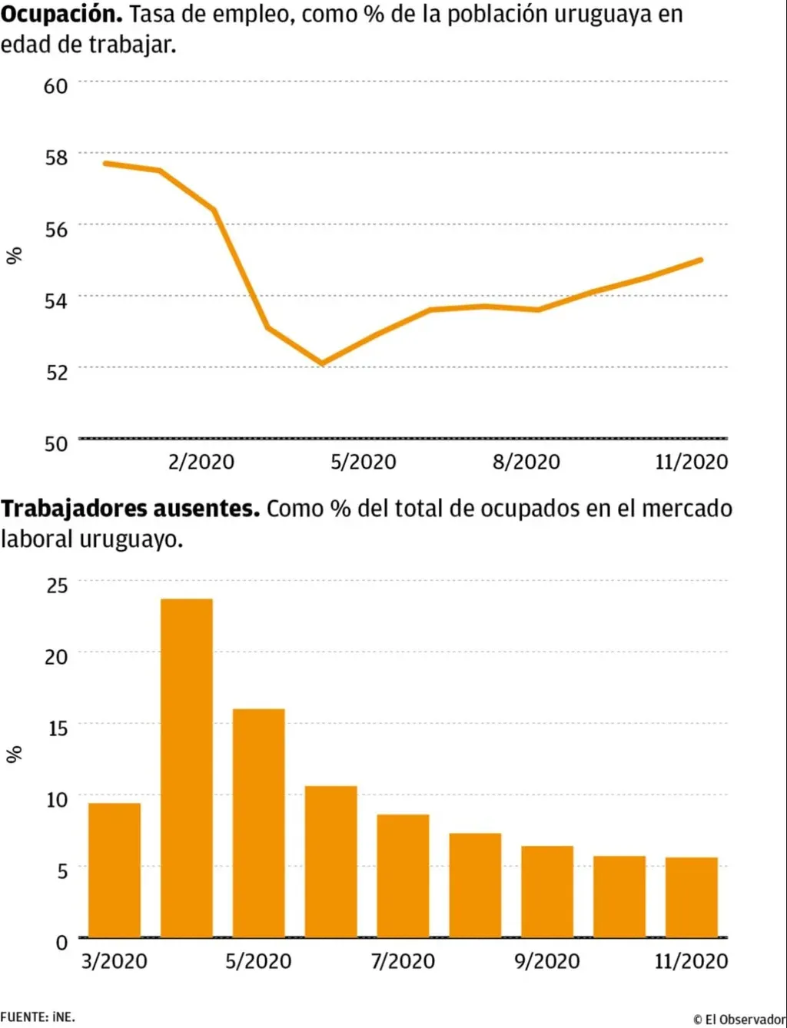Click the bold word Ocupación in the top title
pyautogui.click(x=61, y=14)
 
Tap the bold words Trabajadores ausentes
pyautogui.click(x=130, y=509)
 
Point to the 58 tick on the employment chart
pyautogui.click(x=56, y=157)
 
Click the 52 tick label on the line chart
pyautogui.click(x=56, y=372)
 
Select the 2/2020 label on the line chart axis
pyautogui.click(x=201, y=462)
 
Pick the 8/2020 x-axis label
pyautogui.click(x=526, y=462)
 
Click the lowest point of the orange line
pyautogui.click(x=322, y=363)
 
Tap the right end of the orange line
pyautogui.click(x=700, y=260)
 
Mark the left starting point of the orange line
pyautogui.click(x=106, y=163)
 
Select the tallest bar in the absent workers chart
pyautogui.click(x=187, y=768)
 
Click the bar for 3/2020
pyautogui.click(x=115, y=870)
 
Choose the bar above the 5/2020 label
pyautogui.click(x=259, y=822)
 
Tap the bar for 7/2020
pyautogui.click(x=403, y=876)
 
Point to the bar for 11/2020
pyautogui.click(x=692, y=897)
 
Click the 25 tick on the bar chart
pyautogui.click(x=57, y=585)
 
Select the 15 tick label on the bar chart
pyautogui.click(x=57, y=728)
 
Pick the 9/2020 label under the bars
pyautogui.click(x=546, y=961)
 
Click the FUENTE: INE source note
pyautogui.click(x=38, y=1017)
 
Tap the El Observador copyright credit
pyautogui.click(x=739, y=1020)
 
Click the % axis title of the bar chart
pyautogui.click(x=14, y=754)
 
